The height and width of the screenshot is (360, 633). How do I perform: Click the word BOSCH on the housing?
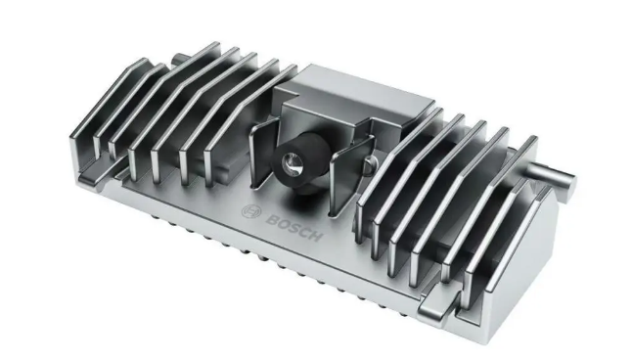coord(294,228)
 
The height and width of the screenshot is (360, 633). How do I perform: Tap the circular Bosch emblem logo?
coord(251,211)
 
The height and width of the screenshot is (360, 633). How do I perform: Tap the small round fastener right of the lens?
coord(371,164)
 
